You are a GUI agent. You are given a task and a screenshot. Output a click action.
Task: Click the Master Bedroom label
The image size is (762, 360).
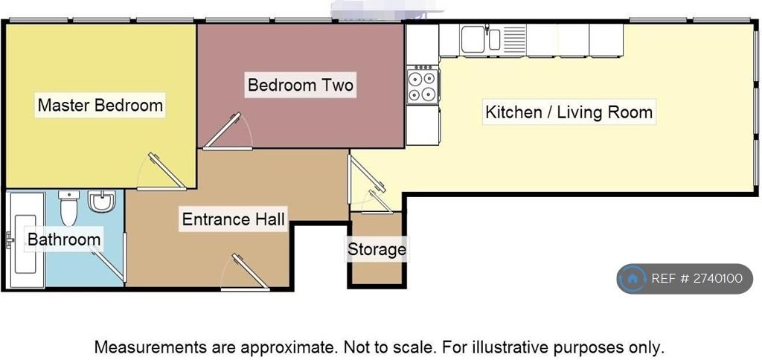(x=100, y=105)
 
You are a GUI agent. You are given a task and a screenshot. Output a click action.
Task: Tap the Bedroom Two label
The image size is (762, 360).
(x=301, y=85)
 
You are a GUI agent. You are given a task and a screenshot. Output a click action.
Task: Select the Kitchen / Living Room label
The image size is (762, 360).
(x=569, y=112)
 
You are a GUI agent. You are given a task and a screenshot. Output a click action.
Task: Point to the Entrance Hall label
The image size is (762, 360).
(x=233, y=219)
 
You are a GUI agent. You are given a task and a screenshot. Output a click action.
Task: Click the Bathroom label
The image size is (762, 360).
(x=64, y=239)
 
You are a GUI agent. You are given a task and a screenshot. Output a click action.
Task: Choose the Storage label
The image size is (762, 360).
(x=377, y=249)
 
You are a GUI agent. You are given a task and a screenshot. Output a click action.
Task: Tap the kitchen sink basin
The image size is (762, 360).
(x=473, y=39)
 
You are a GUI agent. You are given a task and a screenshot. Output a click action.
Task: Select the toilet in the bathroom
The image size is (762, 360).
(x=68, y=208)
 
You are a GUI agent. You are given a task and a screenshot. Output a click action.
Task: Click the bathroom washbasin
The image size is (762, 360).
(x=101, y=201)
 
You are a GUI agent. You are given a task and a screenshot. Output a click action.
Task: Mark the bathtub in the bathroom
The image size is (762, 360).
(x=26, y=240)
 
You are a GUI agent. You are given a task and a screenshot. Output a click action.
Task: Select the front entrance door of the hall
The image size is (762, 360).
(x=245, y=272)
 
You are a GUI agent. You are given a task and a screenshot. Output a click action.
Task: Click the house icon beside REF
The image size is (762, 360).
(x=633, y=279)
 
